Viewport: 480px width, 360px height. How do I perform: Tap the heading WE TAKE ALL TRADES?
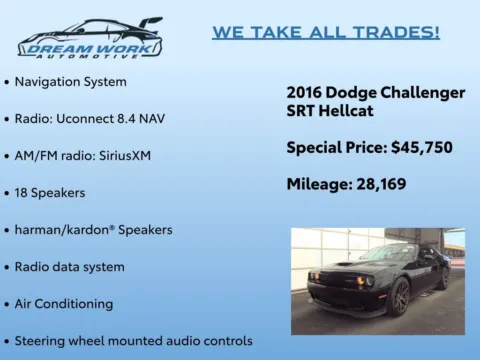click(x=326, y=32)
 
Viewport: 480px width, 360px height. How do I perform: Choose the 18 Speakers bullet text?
click(x=49, y=192)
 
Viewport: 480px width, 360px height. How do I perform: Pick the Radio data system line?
click(x=69, y=266)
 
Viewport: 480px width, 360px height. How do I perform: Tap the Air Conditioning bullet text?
click(x=63, y=303)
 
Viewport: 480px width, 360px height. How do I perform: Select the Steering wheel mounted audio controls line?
click(x=133, y=340)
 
